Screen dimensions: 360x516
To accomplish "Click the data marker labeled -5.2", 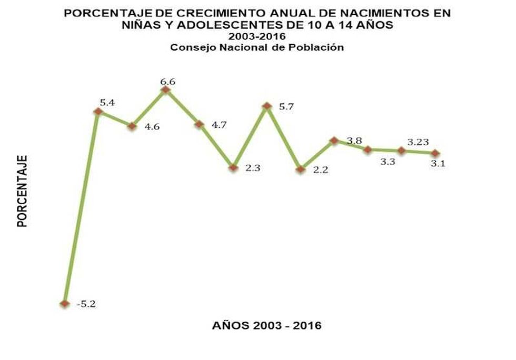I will [65, 304].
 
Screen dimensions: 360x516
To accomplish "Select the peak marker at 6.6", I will [165, 90].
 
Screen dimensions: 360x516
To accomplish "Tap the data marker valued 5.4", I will [98, 111].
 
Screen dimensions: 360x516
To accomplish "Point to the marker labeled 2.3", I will [233, 168].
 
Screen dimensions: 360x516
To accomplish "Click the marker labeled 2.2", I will [300, 169].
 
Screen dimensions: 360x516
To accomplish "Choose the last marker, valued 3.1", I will [435, 153].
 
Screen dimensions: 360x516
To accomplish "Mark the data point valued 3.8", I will [334, 141].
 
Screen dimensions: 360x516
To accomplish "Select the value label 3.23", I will [418, 142].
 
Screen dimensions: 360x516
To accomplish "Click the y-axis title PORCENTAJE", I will [22, 191].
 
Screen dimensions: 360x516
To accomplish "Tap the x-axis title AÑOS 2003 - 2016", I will [266, 325].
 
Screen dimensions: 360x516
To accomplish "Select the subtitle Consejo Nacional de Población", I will [256, 47].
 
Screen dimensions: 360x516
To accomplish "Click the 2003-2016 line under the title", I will [256, 37].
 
